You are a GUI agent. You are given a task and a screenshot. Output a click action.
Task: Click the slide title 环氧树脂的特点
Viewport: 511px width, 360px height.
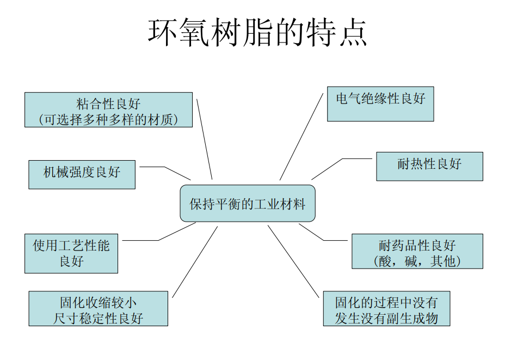(x=257, y=33)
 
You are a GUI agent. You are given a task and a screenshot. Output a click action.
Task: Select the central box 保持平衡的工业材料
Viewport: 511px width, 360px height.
(x=248, y=204)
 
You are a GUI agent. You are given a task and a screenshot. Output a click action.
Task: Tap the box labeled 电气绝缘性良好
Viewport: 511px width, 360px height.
(x=380, y=103)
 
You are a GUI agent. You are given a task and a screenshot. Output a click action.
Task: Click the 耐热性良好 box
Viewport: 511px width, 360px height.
(x=429, y=166)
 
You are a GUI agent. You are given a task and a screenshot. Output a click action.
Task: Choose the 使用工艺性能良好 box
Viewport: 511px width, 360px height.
(x=71, y=253)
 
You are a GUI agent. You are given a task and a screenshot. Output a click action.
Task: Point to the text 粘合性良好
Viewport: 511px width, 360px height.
(x=109, y=103)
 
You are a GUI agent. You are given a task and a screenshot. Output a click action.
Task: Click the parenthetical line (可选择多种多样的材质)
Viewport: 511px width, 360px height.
(x=109, y=119)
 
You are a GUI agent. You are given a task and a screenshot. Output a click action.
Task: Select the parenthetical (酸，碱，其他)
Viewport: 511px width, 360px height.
(x=417, y=261)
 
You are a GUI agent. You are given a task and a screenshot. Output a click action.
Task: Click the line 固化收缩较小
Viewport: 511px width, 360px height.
(x=98, y=302)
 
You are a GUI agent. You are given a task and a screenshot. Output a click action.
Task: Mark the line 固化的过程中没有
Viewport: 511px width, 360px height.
(x=386, y=302)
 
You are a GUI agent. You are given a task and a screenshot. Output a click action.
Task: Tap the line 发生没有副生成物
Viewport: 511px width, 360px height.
(x=386, y=318)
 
